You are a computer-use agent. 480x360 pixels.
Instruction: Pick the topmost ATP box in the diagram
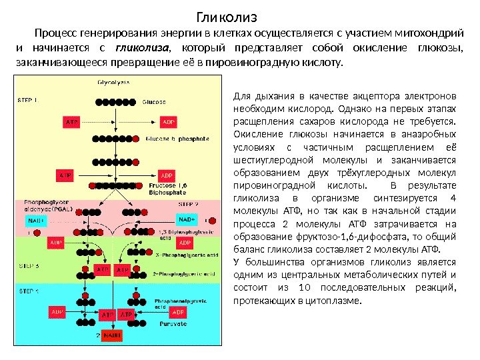pos(71,122)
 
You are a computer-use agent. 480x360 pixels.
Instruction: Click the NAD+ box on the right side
pos(187,219)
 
